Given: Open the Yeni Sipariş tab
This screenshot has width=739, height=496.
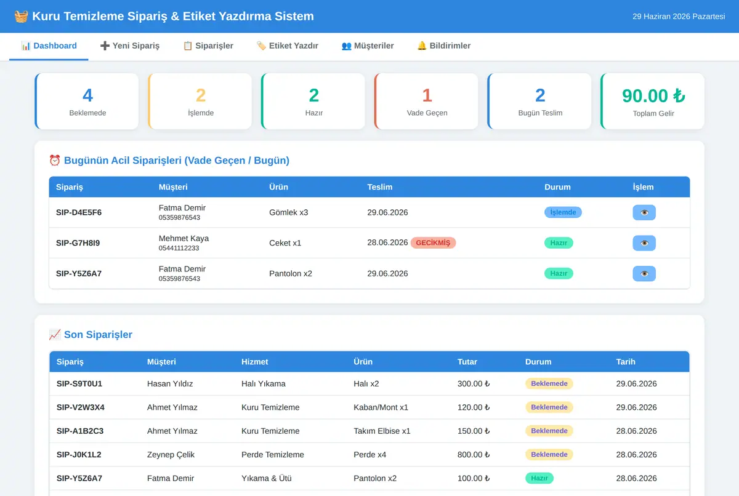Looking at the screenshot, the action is (130, 46).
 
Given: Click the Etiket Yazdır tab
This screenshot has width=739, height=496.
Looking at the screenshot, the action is (288, 46).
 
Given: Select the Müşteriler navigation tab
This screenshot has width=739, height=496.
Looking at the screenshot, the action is (368, 46).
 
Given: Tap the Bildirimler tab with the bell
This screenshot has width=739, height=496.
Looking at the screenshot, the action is (444, 46).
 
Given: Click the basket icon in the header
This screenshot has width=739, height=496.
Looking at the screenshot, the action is (21, 16).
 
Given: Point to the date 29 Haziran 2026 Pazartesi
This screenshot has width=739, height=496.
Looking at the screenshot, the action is (679, 17).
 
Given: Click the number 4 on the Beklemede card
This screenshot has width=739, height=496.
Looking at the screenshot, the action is (87, 95).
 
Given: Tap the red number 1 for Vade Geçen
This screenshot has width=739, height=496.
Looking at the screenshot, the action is (427, 95).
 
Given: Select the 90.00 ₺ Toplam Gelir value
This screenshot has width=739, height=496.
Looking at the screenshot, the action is (653, 95).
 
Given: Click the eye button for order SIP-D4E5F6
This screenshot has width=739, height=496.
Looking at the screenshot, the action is (644, 212).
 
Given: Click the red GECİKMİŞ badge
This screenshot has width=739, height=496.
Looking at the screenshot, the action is (433, 243).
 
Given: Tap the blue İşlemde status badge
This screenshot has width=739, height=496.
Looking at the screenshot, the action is (563, 212).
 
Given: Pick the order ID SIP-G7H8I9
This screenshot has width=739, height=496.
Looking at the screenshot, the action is (78, 243).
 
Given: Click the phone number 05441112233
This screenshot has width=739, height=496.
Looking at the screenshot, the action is (179, 248).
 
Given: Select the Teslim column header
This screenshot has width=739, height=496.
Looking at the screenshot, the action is (380, 187).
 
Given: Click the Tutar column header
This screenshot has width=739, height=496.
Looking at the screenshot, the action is (467, 362).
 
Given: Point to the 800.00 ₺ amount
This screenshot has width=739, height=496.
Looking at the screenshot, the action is (474, 455).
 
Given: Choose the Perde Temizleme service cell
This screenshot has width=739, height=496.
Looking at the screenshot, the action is (272, 455).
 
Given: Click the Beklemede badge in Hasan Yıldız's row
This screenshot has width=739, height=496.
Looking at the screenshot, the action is (549, 383).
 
